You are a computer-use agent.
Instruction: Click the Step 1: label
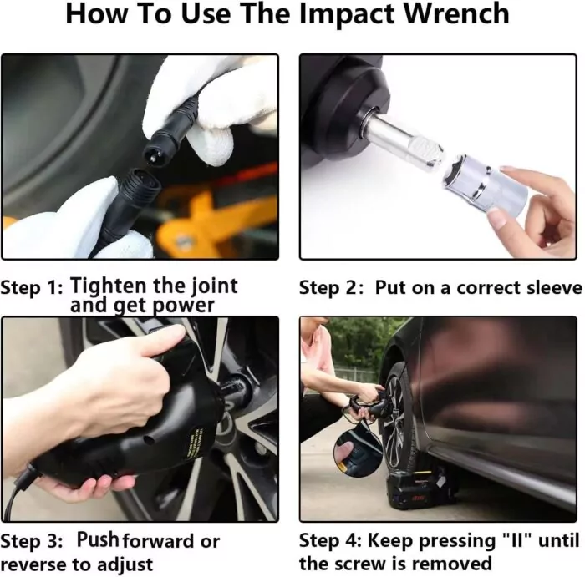pyautogui.click(x=32, y=288)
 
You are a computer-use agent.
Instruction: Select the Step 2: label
pyautogui.click(x=331, y=288)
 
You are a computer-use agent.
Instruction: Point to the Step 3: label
pyautogui.click(x=32, y=541)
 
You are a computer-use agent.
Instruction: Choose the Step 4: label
pyautogui.click(x=330, y=540)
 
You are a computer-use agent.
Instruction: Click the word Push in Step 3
pyautogui.click(x=98, y=539)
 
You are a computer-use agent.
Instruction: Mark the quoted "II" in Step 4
pyautogui.click(x=518, y=540)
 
